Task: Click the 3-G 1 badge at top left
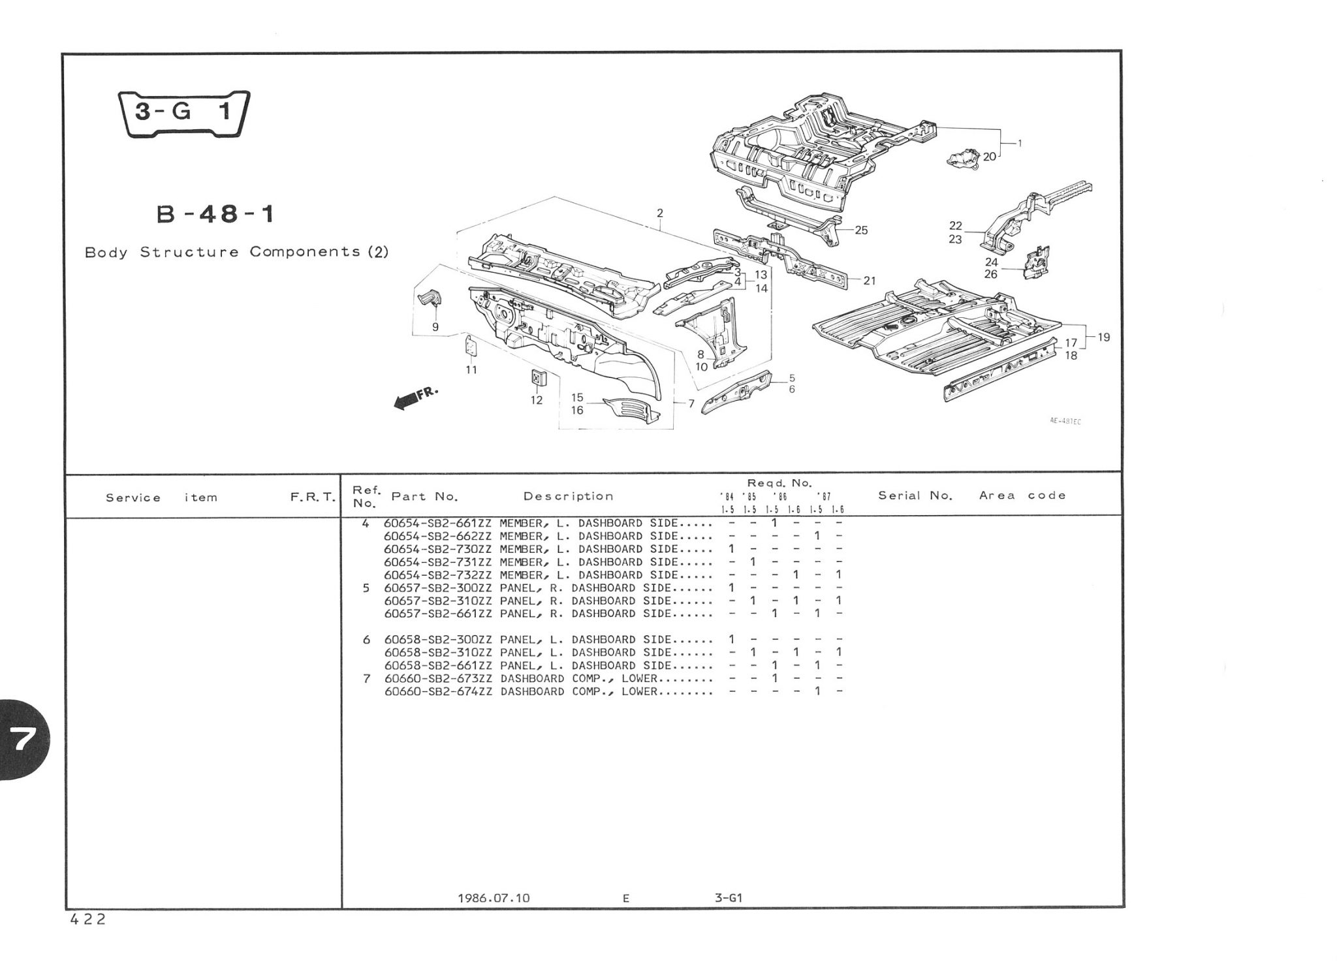[x=183, y=113]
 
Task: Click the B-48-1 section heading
[x=215, y=214]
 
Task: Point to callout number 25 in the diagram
[x=861, y=230]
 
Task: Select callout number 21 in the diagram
[x=869, y=281]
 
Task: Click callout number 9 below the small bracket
[x=435, y=327]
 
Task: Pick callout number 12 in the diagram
[x=537, y=400]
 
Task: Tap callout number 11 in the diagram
[x=471, y=369]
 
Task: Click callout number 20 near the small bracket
[x=989, y=157]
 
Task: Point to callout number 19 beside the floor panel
[x=1103, y=337]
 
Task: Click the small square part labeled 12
[x=537, y=378]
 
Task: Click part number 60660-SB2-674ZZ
[x=438, y=691]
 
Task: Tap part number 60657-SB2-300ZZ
[x=438, y=588]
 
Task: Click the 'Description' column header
[x=569, y=496]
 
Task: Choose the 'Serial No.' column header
[x=915, y=495]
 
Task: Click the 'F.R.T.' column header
[x=313, y=497]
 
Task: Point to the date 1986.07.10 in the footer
[x=494, y=898]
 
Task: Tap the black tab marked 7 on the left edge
[x=23, y=740]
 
